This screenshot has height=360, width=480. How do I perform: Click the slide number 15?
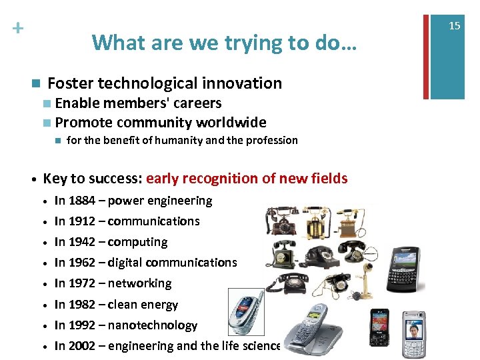pos(454,25)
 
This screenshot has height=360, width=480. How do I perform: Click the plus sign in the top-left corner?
pos(17,29)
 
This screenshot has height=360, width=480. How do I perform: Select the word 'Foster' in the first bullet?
pos(71,83)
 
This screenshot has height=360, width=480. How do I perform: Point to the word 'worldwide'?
pos(230,123)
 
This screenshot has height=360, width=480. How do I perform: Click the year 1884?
pos(81,201)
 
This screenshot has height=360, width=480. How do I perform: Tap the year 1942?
pos(81,242)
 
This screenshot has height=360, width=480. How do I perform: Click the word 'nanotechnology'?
pos(153,325)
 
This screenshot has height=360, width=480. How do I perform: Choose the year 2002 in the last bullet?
pos(81,346)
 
